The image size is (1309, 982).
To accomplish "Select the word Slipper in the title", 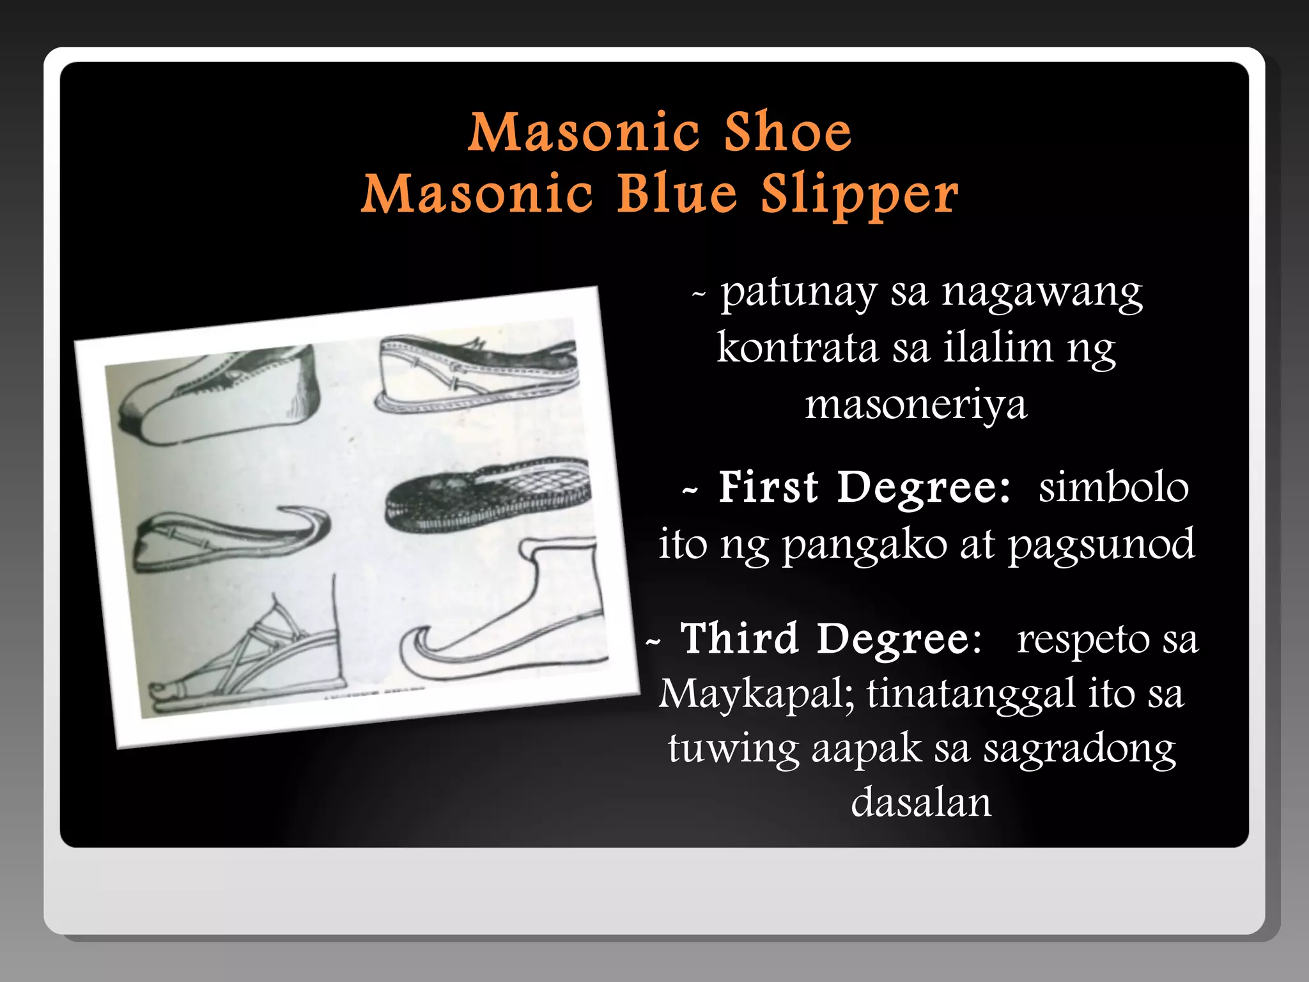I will click(860, 195).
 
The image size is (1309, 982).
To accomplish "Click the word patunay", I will click(799, 294).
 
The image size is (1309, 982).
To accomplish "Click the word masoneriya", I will click(916, 405).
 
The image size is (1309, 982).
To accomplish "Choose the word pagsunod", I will click(1101, 545).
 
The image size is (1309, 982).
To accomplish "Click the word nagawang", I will click(1042, 294).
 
